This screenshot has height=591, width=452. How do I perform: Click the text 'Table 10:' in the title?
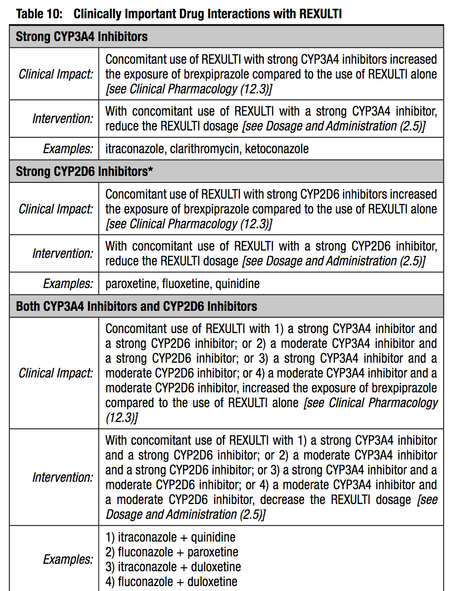tap(40, 13)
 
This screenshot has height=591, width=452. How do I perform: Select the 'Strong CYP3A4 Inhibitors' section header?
tap(82, 37)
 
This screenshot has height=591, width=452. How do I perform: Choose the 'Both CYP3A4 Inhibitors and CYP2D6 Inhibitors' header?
tap(136, 306)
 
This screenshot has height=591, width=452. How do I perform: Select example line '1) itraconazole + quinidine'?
tap(171, 537)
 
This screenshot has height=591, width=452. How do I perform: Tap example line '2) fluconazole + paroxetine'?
tap(172, 552)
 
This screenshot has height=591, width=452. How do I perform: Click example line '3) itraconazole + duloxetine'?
tap(173, 567)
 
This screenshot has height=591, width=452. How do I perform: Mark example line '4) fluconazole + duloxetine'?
tap(171, 582)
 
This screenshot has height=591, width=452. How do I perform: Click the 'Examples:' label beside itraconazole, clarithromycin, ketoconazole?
tap(68, 148)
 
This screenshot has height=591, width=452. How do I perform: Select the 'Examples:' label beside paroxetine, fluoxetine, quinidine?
tap(68, 284)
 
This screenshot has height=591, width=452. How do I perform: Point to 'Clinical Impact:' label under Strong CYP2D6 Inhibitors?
tap(56, 209)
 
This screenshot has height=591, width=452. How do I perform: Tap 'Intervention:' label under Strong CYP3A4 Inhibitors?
tap(63, 119)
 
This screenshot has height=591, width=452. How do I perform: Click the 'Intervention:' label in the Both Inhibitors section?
tap(63, 477)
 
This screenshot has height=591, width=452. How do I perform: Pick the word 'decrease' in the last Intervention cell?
tap(283, 500)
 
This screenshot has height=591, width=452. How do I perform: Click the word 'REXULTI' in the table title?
tap(320, 13)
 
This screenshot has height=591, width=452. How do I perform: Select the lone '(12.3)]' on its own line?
tap(122, 418)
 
